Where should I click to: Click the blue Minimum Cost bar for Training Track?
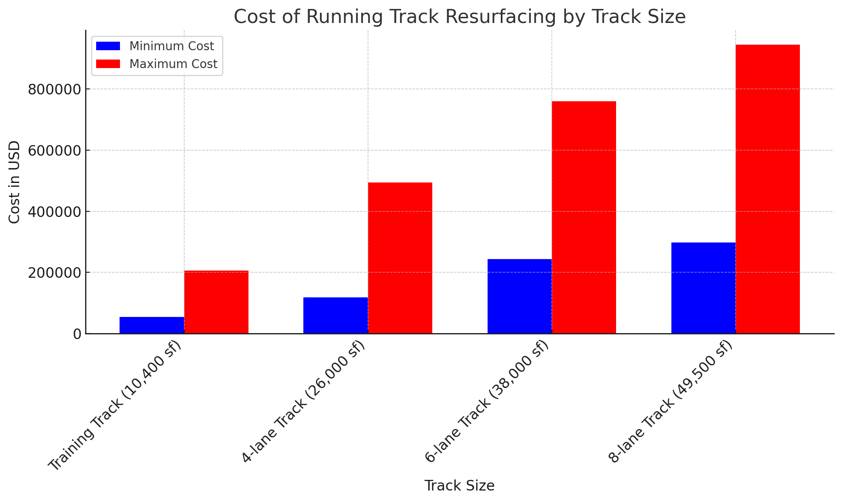[x=152, y=325]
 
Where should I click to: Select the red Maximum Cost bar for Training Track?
[x=216, y=302]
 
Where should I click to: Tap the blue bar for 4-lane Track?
[x=336, y=315]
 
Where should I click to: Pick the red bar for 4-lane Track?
[x=400, y=258]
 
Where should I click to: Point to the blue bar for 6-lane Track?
[x=519, y=296]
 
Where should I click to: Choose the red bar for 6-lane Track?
[x=584, y=217]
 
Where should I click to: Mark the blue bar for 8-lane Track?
[x=703, y=288]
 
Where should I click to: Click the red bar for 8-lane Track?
[x=768, y=189]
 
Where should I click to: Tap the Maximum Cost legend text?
[x=173, y=64]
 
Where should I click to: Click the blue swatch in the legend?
[x=108, y=46]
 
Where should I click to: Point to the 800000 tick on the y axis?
[x=54, y=89]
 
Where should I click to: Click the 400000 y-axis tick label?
[x=54, y=212]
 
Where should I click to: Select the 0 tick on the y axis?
[x=77, y=334]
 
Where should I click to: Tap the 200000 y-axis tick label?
[x=54, y=273]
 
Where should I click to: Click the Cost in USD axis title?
[x=14, y=182]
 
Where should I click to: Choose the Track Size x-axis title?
[x=459, y=486]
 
